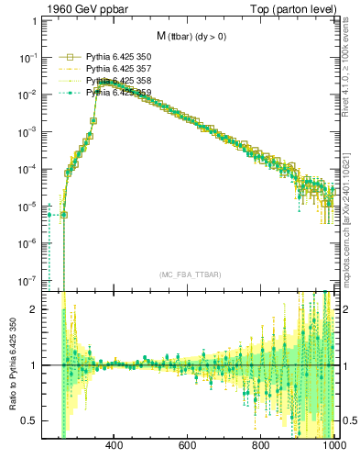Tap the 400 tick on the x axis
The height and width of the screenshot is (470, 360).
(115, 445)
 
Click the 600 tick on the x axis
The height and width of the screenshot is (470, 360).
(188, 445)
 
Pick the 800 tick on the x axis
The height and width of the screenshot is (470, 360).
(261, 445)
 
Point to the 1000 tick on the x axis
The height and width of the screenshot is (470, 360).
(332, 445)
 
